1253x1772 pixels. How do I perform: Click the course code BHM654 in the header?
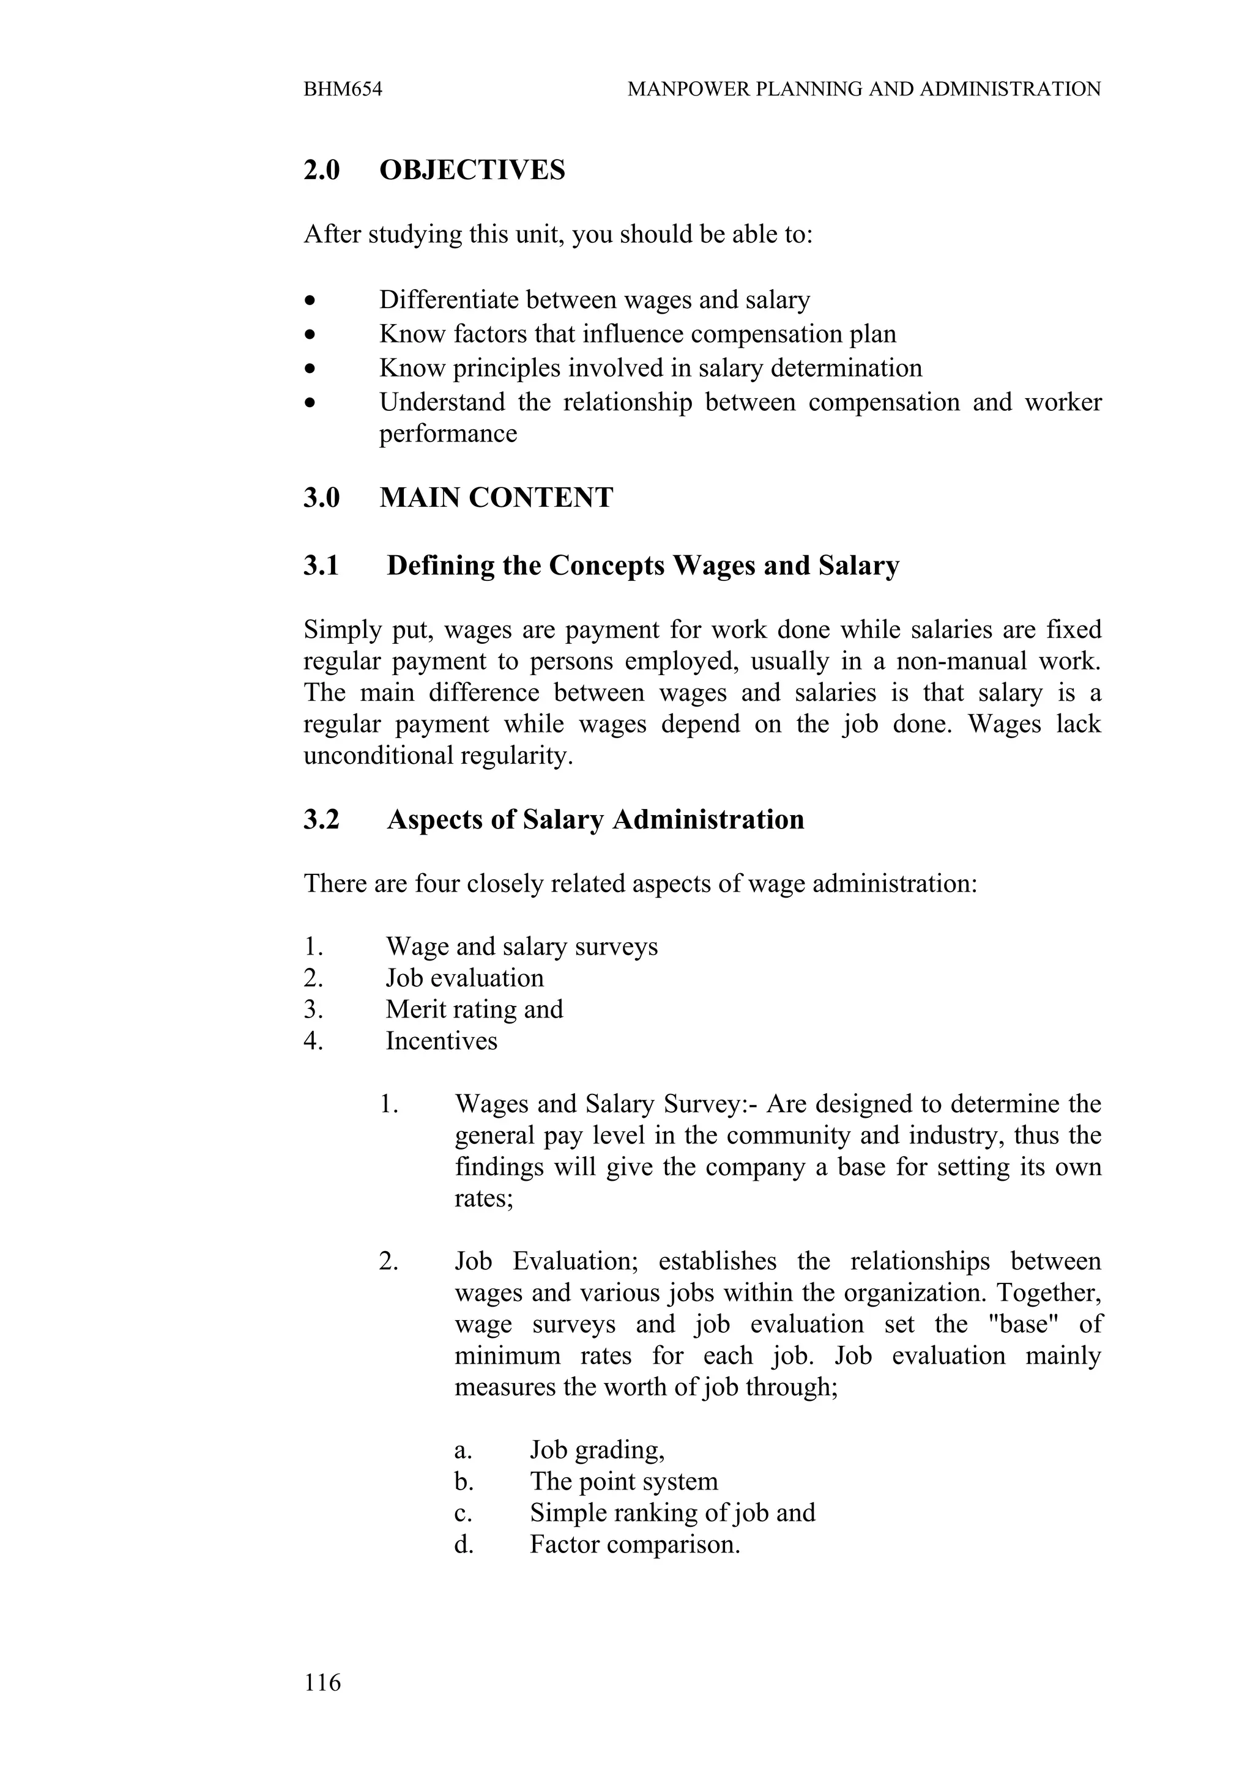tap(343, 89)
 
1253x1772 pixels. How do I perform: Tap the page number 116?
tap(322, 1681)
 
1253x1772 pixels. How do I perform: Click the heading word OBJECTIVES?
tap(472, 171)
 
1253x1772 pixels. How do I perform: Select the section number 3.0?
tap(321, 498)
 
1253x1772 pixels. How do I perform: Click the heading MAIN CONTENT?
tap(496, 498)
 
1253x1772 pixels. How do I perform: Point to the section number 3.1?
tap(321, 566)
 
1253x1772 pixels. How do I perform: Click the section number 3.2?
tap(321, 819)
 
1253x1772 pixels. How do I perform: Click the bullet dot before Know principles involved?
tap(310, 369)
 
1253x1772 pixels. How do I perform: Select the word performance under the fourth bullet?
tap(448, 434)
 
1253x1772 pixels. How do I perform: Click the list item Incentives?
tap(442, 1041)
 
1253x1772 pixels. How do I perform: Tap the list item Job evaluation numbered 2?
tap(465, 978)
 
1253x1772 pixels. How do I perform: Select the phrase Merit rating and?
tap(474, 1010)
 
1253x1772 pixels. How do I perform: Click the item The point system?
tap(624, 1481)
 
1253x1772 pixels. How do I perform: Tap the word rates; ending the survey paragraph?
tap(484, 1198)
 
